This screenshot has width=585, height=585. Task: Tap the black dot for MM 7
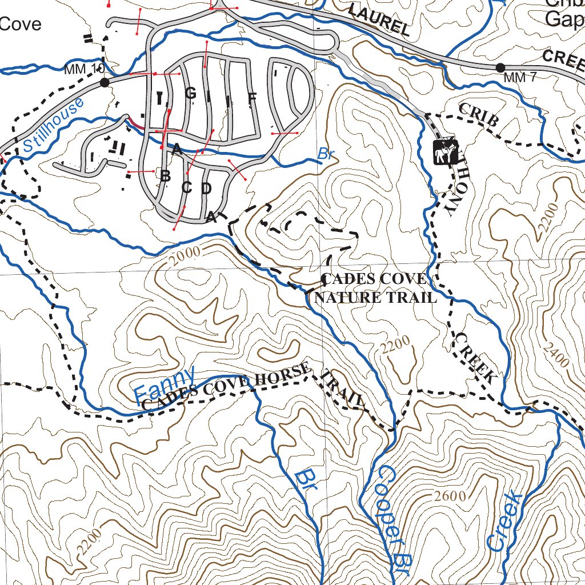coord(500,68)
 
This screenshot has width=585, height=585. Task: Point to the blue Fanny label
coord(165,386)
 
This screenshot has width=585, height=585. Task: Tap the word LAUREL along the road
coord(378,21)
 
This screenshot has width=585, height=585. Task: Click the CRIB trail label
coord(478,114)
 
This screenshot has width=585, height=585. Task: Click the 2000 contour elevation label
coord(186,255)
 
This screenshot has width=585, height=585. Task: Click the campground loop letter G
coord(190,94)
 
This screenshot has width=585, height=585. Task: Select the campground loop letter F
coord(252,98)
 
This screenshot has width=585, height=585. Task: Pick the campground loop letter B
coord(165,176)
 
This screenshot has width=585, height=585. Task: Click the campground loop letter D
coord(206,188)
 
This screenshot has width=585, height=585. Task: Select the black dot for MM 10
coord(105,83)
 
